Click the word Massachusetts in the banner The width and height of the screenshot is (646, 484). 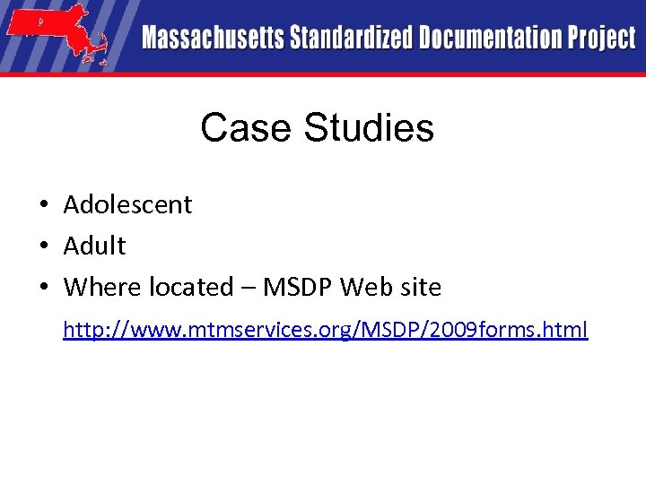[x=213, y=39]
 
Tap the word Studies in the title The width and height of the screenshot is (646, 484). [x=369, y=128]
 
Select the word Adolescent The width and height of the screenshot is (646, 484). [x=127, y=205]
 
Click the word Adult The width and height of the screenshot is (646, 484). [x=94, y=246]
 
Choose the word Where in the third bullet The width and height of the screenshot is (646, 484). [x=97, y=288]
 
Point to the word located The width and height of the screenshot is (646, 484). [x=190, y=288]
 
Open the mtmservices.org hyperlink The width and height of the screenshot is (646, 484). [x=325, y=330]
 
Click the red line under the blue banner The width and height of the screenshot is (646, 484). [x=323, y=74]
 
